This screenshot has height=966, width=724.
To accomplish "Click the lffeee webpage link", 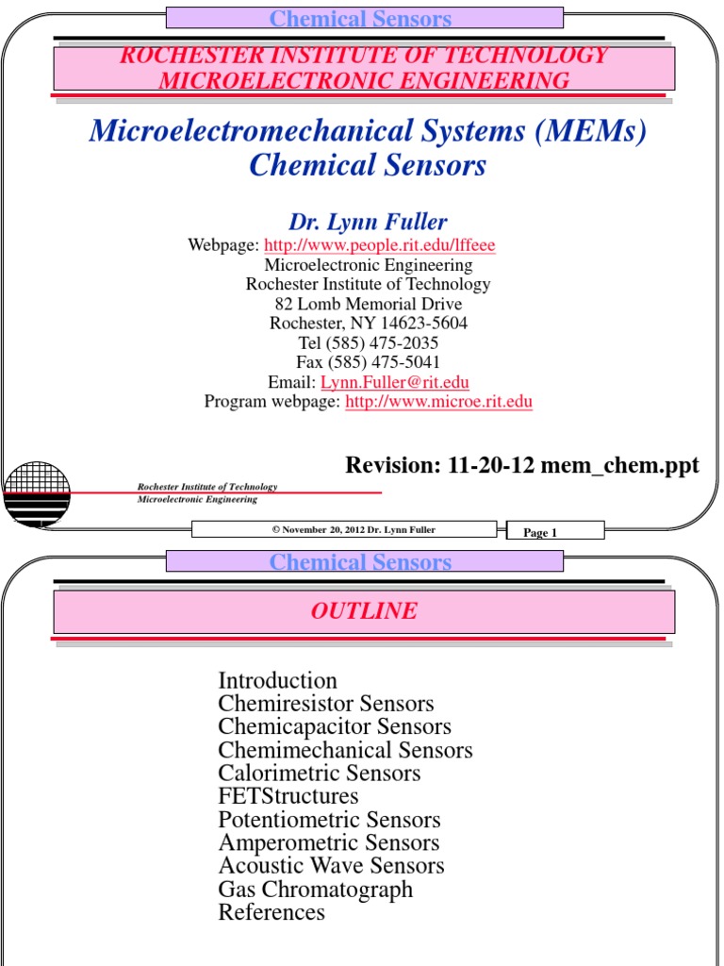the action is point(379,245).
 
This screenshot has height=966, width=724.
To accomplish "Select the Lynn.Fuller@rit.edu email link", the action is point(395,382).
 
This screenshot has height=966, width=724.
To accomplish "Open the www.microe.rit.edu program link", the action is point(438,402).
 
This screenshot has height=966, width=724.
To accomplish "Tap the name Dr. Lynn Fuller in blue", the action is point(368,223).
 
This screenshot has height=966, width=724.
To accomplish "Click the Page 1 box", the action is point(540,533).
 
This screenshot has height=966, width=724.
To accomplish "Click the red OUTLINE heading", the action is point(364,611).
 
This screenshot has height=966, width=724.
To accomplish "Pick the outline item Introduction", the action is point(277,680).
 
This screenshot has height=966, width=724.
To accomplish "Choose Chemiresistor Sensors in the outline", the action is point(326,704).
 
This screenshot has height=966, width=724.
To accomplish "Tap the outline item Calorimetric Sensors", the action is point(320,774).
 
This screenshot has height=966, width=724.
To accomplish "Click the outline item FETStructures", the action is point(288,796).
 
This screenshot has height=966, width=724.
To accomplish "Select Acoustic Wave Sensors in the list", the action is point(331,866).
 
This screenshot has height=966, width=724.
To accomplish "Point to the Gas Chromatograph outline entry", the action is point(316,890).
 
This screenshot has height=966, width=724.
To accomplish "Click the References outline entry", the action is point(271,912).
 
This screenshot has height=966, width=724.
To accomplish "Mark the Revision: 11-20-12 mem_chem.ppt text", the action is point(522,465).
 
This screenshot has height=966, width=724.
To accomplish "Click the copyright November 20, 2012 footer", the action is point(354,530).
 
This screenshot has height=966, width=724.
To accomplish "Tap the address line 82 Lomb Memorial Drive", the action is point(369,304).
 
